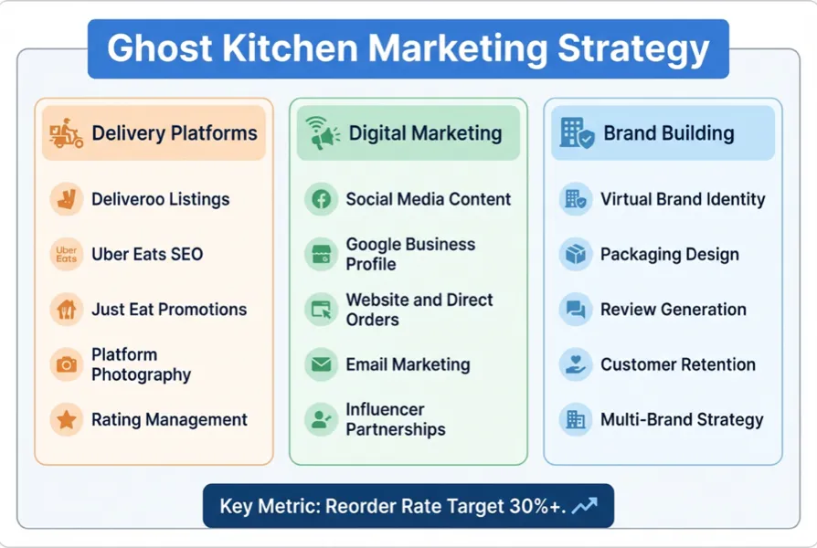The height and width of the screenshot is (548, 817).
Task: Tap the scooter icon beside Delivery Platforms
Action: (66, 133)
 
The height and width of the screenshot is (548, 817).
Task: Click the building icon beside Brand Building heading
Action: (577, 133)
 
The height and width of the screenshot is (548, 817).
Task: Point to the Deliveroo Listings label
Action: (160, 199)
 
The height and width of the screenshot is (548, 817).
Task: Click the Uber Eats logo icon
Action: (66, 255)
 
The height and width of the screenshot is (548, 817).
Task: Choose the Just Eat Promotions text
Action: (169, 310)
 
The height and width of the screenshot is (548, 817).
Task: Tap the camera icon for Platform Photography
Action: (66, 365)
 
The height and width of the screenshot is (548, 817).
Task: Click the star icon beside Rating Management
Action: (66, 420)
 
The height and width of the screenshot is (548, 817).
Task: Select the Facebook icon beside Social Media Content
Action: (321, 199)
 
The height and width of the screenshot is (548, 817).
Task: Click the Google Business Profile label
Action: (410, 255)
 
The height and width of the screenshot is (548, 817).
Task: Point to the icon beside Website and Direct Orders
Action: (321, 310)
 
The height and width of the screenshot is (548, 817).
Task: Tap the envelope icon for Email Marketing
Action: (321, 365)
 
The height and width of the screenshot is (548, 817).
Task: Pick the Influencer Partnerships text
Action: (396, 420)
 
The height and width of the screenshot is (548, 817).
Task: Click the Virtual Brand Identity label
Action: (683, 199)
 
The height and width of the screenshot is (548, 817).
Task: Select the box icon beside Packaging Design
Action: (575, 255)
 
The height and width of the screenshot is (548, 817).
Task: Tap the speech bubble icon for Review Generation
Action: (575, 310)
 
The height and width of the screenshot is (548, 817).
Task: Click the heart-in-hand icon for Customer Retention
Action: (575, 365)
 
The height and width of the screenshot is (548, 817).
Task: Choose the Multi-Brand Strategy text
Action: (682, 420)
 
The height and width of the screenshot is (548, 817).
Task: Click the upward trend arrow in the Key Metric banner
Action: (584, 506)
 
